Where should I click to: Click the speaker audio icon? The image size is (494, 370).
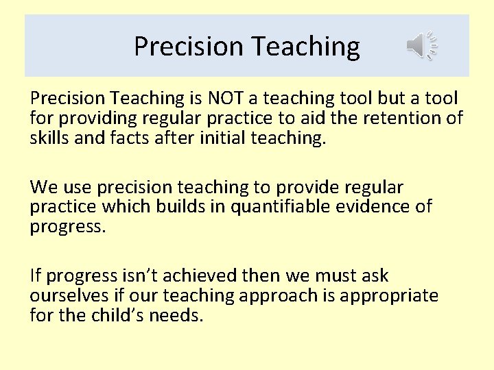click(421, 45)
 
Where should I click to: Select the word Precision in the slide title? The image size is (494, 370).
click(189, 47)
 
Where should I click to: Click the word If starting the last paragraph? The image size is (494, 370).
click(35, 276)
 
